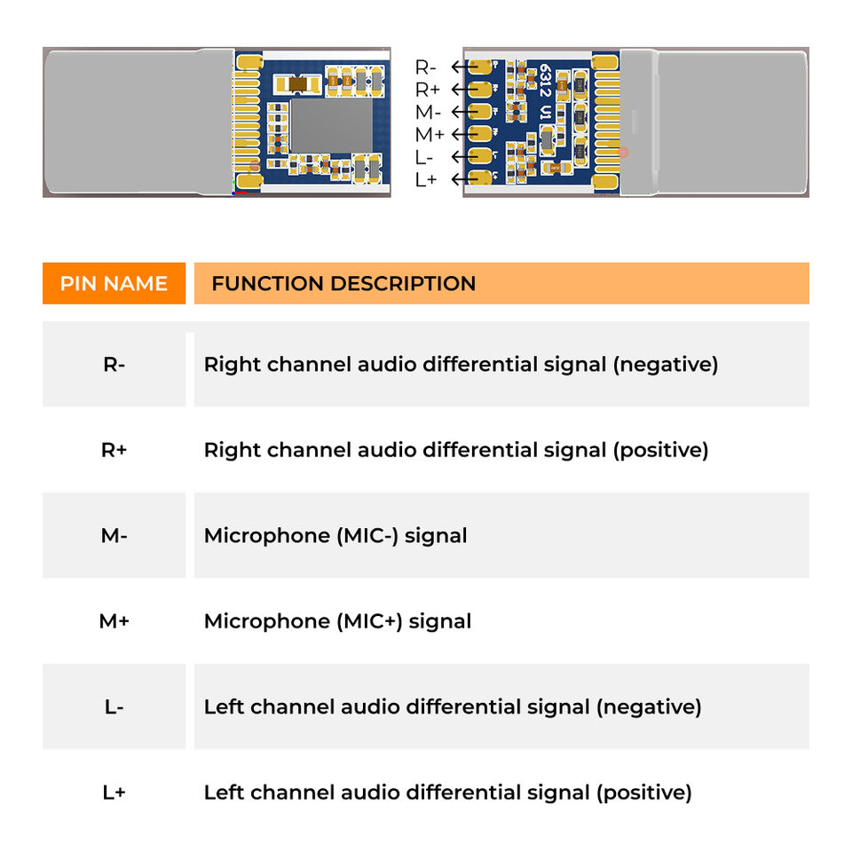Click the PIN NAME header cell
click(x=114, y=283)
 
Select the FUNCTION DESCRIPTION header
click(x=343, y=283)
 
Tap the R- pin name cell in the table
click(x=114, y=364)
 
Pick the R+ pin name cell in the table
click(x=114, y=450)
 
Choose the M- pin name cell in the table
click(x=114, y=535)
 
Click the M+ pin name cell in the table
click(x=114, y=621)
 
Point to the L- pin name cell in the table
click(x=114, y=707)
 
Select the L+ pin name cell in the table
click(x=114, y=793)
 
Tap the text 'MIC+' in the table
click(x=369, y=621)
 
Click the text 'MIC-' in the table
click(x=367, y=536)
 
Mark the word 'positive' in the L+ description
click(x=644, y=793)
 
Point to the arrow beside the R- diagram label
click(x=464, y=67)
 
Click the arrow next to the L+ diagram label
click(x=464, y=178)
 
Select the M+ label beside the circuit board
click(x=430, y=134)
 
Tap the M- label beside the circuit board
click(x=428, y=112)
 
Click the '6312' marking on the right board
click(x=545, y=81)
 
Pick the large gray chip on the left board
click(x=332, y=125)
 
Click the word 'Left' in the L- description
click(x=224, y=707)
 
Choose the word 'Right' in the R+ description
click(x=232, y=451)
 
